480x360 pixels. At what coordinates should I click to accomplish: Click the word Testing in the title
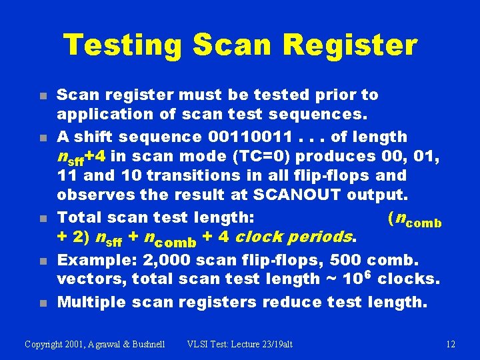click(x=122, y=45)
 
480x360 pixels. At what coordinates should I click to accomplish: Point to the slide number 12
click(x=451, y=344)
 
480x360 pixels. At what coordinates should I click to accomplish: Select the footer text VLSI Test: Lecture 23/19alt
click(x=239, y=344)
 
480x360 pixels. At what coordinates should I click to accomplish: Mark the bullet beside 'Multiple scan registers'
click(x=42, y=303)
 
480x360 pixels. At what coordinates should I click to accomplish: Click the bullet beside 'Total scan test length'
click(x=42, y=219)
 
